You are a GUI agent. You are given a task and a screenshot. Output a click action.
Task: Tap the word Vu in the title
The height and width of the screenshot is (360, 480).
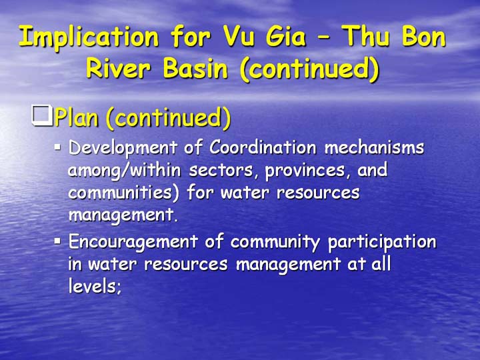pos(239,36)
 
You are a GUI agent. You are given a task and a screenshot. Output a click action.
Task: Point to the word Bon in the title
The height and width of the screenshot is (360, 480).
pos(424,36)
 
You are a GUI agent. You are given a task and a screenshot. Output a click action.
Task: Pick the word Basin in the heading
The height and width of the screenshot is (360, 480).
pos(195,68)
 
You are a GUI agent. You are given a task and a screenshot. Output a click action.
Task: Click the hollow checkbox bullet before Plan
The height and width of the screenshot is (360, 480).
pos(41,115)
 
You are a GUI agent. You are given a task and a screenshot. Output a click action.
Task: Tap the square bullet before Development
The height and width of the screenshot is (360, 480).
pos(57,147)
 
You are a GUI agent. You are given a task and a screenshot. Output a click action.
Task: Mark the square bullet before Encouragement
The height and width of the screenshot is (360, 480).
pos(57,241)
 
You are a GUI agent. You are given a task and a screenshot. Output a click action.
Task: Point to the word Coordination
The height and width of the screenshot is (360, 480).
pos(263,147)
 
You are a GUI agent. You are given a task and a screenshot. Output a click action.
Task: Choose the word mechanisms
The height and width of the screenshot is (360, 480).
pos(375,147)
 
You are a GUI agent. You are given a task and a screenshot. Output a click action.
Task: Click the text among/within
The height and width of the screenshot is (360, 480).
pos(125,171)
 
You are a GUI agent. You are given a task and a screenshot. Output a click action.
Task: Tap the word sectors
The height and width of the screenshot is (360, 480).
pos(221,171)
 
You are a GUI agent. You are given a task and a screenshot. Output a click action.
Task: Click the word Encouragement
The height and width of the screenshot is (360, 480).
pos(133,243)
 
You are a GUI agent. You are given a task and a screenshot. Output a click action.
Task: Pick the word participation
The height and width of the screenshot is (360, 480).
pos(382,243)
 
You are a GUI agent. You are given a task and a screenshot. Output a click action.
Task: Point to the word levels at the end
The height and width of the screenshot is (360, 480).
pos(93,286)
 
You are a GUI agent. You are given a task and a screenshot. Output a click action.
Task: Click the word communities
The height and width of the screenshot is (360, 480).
pos(124,193)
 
